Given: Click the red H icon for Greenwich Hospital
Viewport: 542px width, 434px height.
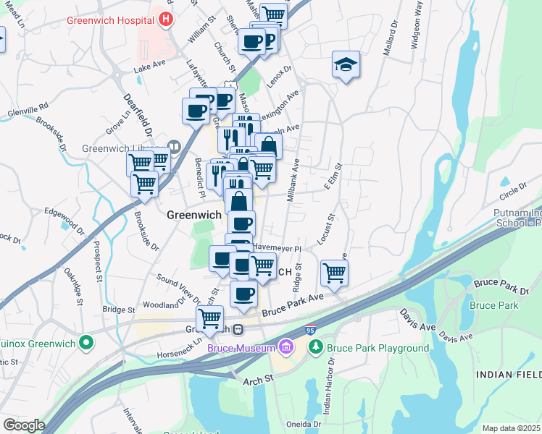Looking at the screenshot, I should [x=167, y=20].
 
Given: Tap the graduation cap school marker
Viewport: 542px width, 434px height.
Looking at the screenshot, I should [x=346, y=65].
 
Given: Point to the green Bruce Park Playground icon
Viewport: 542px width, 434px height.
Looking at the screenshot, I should [x=316, y=348].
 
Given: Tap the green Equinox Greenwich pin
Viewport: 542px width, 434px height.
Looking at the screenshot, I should [x=86, y=341].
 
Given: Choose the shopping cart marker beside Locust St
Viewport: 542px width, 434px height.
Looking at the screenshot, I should [x=334, y=273].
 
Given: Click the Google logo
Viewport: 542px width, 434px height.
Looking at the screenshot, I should [x=24, y=425].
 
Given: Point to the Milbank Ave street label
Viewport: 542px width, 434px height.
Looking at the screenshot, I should [x=293, y=186].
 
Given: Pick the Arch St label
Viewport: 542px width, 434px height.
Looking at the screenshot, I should [x=257, y=378].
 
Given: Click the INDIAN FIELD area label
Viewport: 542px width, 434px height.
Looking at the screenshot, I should [x=508, y=374].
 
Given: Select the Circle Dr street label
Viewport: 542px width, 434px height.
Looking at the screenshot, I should [x=513, y=194].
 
